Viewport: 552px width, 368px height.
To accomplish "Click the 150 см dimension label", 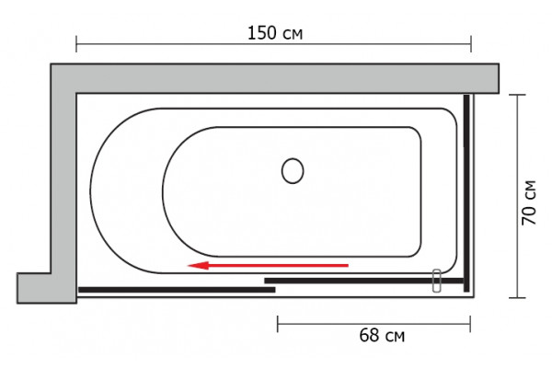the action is (x=275, y=33).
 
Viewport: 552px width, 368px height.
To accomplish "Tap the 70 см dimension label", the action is (x=529, y=202).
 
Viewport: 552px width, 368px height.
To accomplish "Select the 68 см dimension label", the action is (x=382, y=335).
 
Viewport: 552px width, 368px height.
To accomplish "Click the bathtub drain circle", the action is (x=293, y=171).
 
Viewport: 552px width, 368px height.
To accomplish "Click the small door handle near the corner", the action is (x=436, y=281).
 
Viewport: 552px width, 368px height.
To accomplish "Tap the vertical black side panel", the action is (x=466, y=193).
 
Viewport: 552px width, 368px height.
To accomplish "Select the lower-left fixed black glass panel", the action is (x=177, y=290).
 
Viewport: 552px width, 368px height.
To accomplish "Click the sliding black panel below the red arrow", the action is (x=364, y=281).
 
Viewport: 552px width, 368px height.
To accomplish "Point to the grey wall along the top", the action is (x=274, y=78).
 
